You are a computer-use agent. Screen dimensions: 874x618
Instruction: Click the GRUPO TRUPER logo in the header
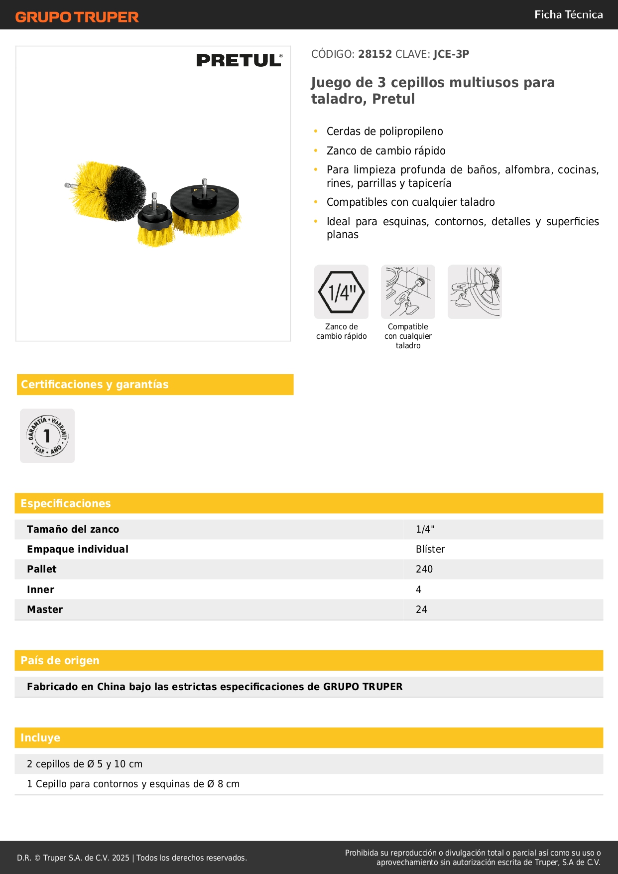coord(77,17)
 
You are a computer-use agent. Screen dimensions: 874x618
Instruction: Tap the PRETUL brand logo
coord(239,60)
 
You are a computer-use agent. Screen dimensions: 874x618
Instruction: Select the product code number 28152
coord(375,54)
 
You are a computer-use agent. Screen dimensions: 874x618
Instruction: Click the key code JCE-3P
coord(451,54)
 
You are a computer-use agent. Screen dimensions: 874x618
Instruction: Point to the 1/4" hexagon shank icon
coord(341,292)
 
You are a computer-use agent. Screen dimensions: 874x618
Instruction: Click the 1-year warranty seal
coord(47,436)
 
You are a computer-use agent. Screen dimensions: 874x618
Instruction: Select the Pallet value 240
coord(424,569)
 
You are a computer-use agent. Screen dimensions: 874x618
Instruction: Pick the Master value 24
coord(421,609)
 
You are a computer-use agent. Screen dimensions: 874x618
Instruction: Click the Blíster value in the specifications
coord(430,549)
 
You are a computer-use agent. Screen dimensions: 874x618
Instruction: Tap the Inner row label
coord(40,589)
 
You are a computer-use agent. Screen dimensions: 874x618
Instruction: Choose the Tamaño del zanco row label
coord(73,529)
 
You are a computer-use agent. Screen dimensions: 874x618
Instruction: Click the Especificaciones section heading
coord(66,504)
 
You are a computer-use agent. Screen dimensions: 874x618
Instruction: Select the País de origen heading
coord(60,661)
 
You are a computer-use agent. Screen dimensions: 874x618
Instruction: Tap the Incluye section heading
coord(40,738)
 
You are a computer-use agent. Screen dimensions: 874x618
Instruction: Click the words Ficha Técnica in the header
coord(568,15)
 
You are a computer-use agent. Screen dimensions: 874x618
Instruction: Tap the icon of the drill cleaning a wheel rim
coord(475,292)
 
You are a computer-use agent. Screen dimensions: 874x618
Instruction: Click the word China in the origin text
coord(112,687)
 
